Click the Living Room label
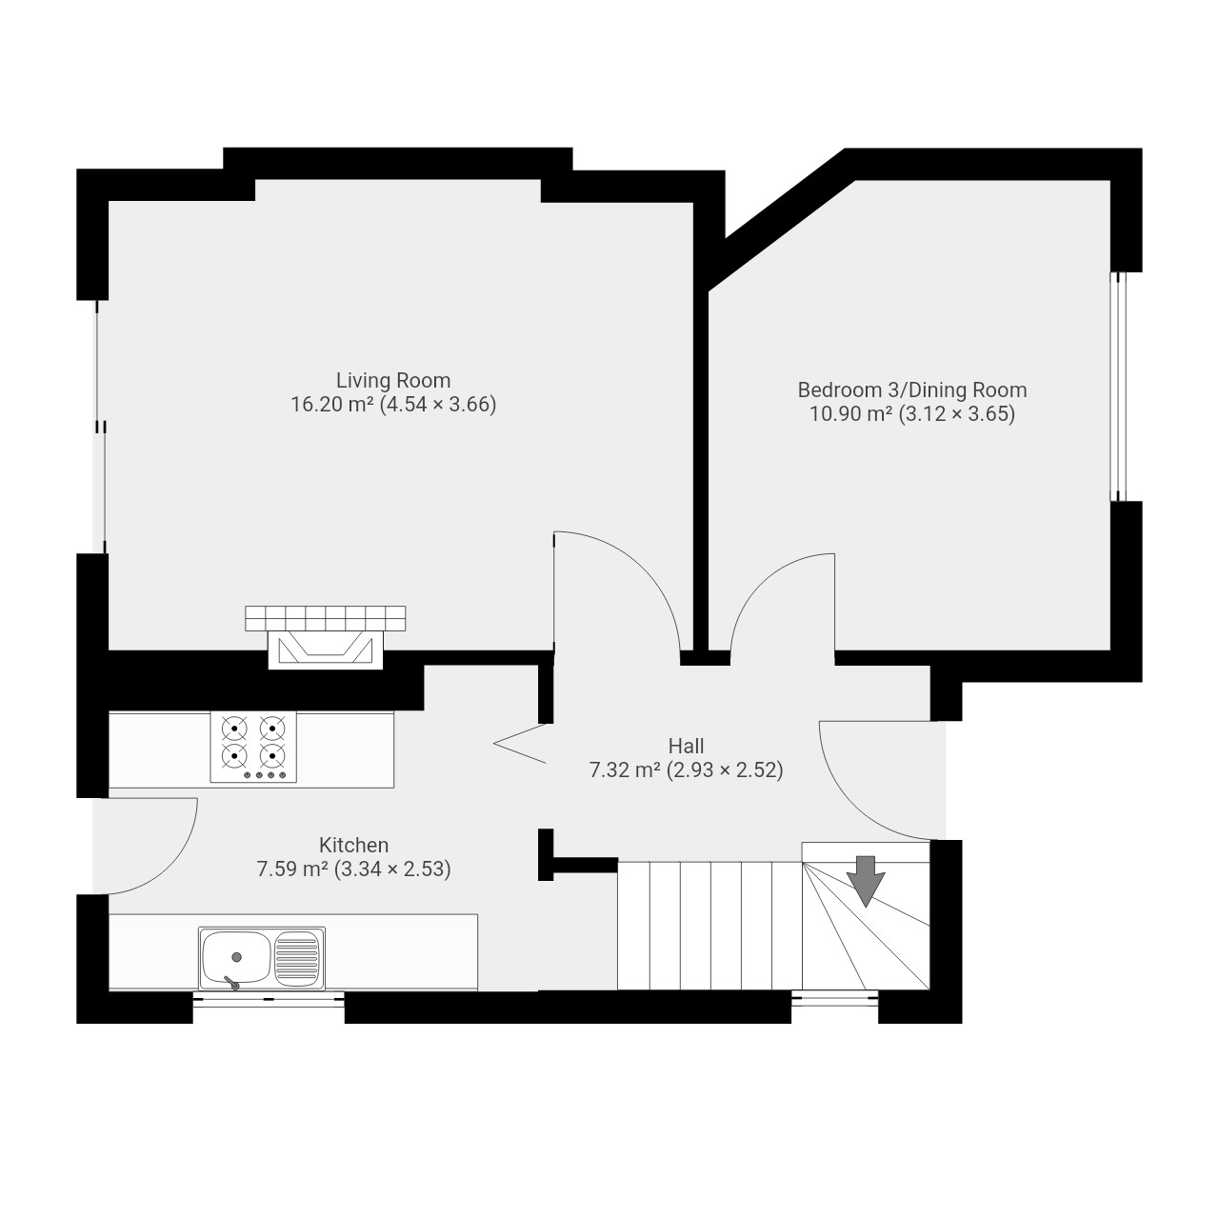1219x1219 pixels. click(392, 381)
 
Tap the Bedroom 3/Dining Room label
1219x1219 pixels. click(912, 390)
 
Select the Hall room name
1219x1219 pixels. click(686, 747)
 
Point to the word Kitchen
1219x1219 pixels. click(353, 845)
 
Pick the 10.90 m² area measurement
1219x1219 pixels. click(851, 414)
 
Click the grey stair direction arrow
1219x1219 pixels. click(866, 881)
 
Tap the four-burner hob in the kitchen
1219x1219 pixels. click(253, 747)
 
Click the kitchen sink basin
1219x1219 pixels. click(236, 957)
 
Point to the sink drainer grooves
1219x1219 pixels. click(297, 957)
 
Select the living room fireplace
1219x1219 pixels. click(326, 649)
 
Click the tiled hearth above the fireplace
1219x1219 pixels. click(326, 618)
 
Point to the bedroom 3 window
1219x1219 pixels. click(1118, 387)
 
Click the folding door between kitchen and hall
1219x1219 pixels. click(520, 744)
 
